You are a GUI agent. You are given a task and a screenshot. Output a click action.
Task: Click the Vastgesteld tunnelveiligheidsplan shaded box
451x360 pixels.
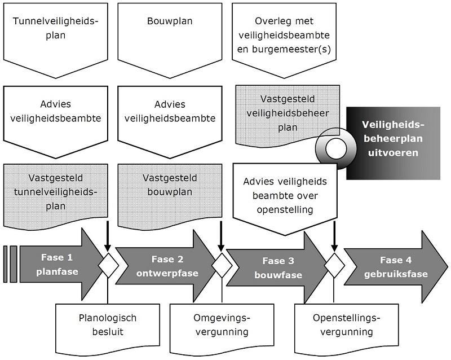55,192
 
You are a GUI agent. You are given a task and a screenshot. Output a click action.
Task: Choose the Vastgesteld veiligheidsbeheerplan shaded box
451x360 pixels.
287,113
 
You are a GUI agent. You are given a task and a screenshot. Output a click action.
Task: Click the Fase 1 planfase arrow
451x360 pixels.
56,264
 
